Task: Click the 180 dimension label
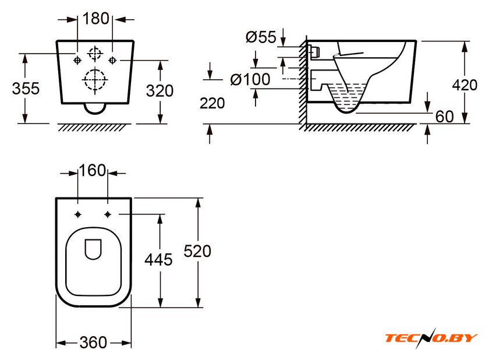coord(95,19)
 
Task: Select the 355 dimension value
coord(26,89)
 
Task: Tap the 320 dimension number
coord(159,91)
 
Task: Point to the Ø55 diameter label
coord(260,37)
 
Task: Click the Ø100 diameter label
coord(250,79)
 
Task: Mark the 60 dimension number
coord(444,117)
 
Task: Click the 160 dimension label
coord(93,171)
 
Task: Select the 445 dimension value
coord(158,260)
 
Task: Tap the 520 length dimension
coord(197,251)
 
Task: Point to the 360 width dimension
coord(93,342)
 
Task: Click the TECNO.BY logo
coord(430,338)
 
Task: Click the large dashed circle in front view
coord(94,80)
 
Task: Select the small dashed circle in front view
coord(94,54)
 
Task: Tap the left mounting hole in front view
coord(77,60)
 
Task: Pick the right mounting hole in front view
coord(112,60)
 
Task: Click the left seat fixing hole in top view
coord(79,214)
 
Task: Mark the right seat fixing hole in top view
coord(108,214)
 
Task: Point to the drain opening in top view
coord(93,249)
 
